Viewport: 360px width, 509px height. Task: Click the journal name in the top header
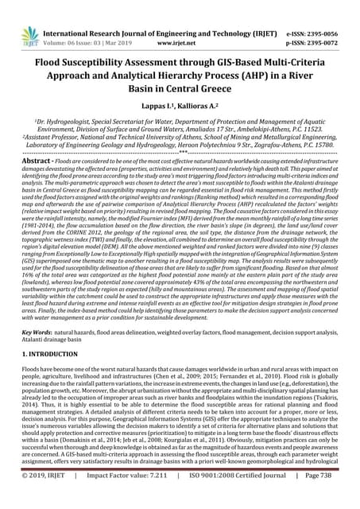174,14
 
